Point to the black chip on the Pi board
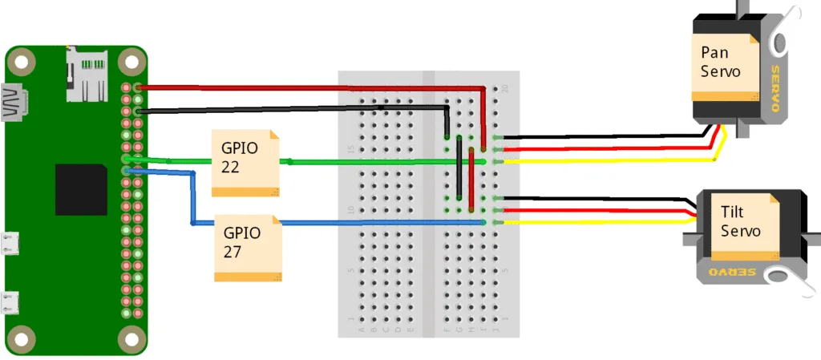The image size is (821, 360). (81, 189)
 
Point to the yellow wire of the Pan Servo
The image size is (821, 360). (609, 161)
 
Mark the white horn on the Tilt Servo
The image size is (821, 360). (782, 276)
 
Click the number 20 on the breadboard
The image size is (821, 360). (505, 89)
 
